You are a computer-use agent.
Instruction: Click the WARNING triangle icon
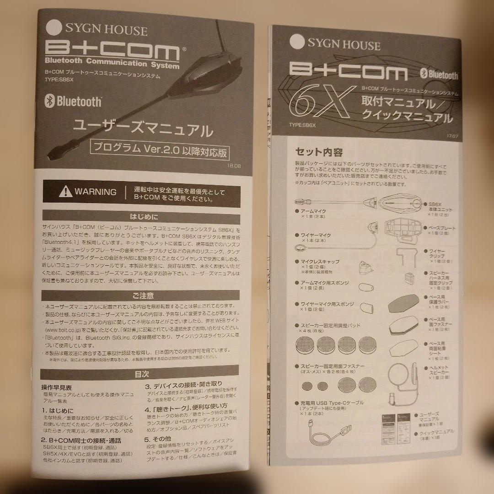click(66, 191)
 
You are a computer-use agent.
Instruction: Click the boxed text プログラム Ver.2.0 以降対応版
click(160, 149)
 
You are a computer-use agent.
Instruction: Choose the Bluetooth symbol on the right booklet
click(424, 74)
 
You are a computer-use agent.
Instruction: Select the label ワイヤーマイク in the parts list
click(316, 235)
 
